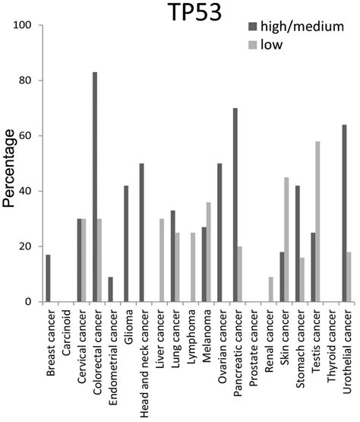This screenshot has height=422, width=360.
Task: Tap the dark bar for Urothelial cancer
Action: (345, 214)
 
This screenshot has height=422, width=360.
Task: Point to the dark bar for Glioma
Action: (127, 244)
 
